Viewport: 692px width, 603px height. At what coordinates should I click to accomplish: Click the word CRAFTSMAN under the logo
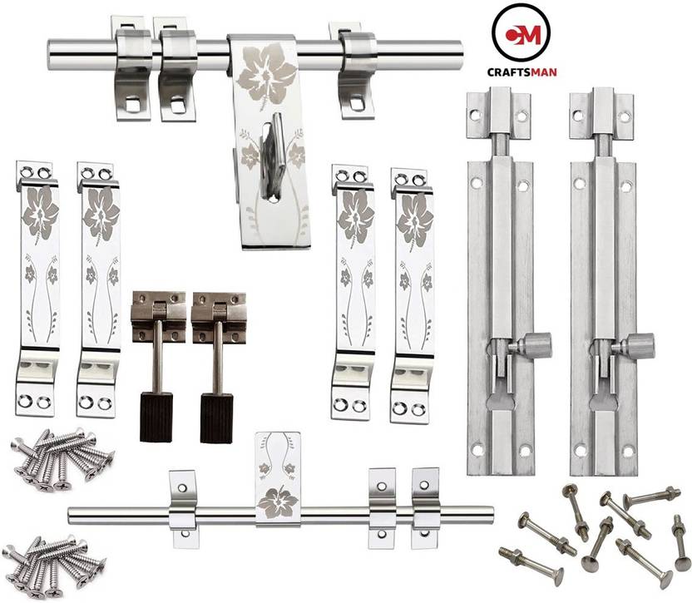point(525,72)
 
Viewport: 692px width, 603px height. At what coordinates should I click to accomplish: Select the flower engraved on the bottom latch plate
point(277,502)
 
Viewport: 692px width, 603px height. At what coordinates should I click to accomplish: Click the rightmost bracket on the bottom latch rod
point(424,503)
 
